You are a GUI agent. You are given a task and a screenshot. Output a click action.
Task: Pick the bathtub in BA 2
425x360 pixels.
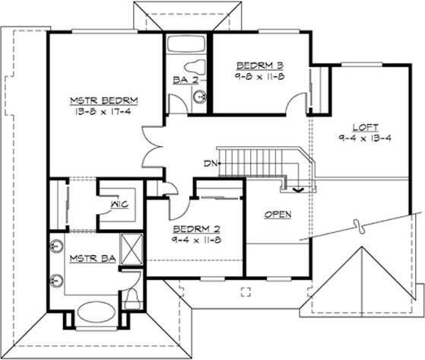point(186,44)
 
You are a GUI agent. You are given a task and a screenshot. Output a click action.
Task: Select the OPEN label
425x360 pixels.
point(278,215)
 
